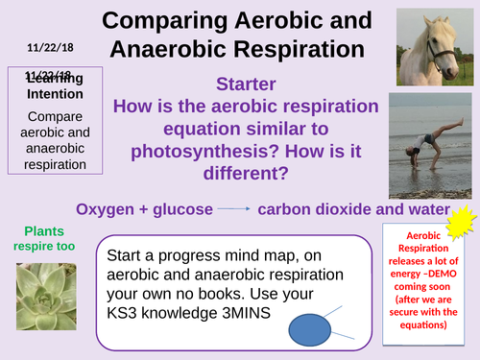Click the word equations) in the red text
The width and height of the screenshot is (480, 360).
[425, 324]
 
